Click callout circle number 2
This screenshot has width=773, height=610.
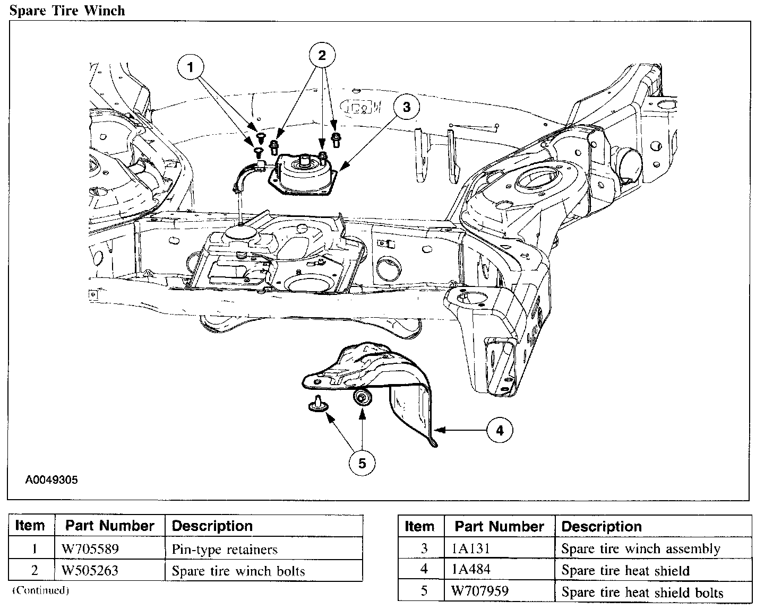click(x=322, y=55)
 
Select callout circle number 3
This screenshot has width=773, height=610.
click(x=406, y=108)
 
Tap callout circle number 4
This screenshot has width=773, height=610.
click(x=499, y=430)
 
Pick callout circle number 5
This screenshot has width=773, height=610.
click(x=362, y=464)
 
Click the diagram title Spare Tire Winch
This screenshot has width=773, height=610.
click(x=67, y=10)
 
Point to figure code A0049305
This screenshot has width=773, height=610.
click(x=51, y=480)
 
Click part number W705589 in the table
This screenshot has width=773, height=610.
click(x=90, y=549)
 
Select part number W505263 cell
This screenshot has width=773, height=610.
click(x=90, y=571)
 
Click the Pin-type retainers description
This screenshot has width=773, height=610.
click(x=225, y=550)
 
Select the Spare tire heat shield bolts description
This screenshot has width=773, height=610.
click(x=642, y=592)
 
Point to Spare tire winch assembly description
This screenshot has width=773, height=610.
click(x=640, y=549)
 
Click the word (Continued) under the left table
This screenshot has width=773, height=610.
click(x=41, y=590)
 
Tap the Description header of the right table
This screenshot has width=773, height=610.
click(x=601, y=527)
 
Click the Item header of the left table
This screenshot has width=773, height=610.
click(x=30, y=526)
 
